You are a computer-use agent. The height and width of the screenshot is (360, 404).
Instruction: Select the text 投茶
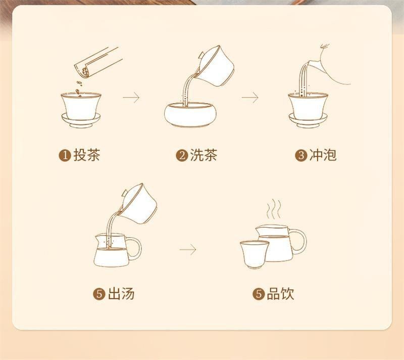[x=87, y=155]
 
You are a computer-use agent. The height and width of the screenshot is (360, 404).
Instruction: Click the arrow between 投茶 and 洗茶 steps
[x=131, y=98]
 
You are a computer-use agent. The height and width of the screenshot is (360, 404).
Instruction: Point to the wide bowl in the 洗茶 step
[x=188, y=114]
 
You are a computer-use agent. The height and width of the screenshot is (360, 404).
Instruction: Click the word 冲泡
[x=323, y=155]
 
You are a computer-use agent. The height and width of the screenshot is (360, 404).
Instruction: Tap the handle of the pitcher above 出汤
[x=135, y=247]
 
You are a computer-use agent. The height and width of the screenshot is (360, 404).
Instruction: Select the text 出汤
[x=121, y=294]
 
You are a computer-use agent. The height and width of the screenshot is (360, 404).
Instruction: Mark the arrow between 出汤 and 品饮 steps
[x=187, y=249]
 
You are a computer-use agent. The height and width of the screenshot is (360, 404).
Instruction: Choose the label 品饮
[x=280, y=294]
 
